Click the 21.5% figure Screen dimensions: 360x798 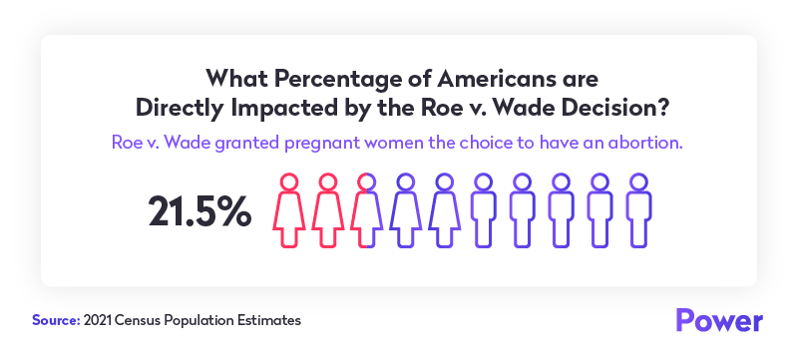[199, 211]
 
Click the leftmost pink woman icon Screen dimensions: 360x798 [288, 211]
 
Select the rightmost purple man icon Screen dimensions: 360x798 [637, 211]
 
